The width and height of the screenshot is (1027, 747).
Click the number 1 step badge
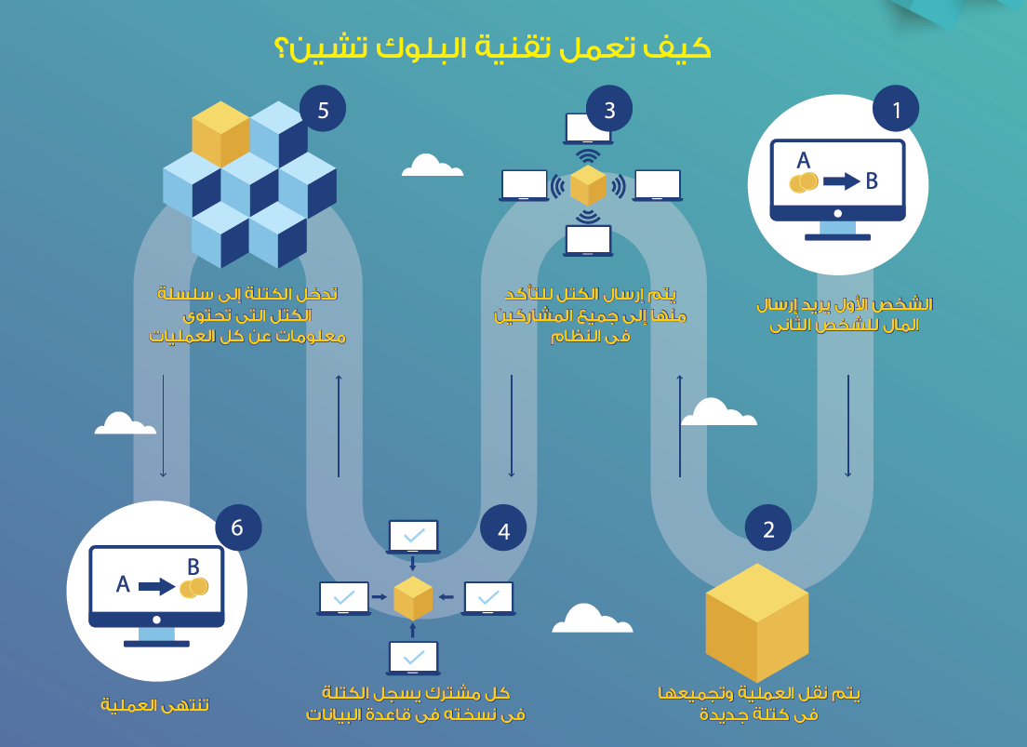pyautogui.click(x=896, y=109)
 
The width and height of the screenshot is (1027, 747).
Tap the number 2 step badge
pyautogui.click(x=768, y=529)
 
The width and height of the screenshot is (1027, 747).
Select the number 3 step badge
pyautogui.click(x=609, y=109)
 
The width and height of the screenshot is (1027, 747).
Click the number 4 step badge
pyautogui.click(x=503, y=530)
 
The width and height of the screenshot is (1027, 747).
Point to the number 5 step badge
pyautogui.click(x=323, y=110)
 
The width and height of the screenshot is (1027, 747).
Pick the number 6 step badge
pyautogui.click(x=237, y=527)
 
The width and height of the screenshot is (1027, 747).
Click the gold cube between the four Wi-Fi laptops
pyautogui.click(x=588, y=185)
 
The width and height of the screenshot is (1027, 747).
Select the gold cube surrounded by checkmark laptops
pyautogui.click(x=413, y=598)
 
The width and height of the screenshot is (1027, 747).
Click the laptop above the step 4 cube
pyautogui.click(x=413, y=537)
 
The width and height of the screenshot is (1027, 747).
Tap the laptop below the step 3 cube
pyautogui.click(x=588, y=240)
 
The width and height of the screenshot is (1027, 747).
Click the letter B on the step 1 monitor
pyautogui.click(x=872, y=181)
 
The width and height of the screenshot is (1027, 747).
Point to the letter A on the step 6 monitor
pyautogui.click(x=123, y=584)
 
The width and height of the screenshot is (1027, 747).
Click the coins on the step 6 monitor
pyautogui.click(x=193, y=587)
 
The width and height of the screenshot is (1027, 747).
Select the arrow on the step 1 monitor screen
pyautogui.click(x=841, y=181)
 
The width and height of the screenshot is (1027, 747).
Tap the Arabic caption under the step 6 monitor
pyautogui.click(x=155, y=705)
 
